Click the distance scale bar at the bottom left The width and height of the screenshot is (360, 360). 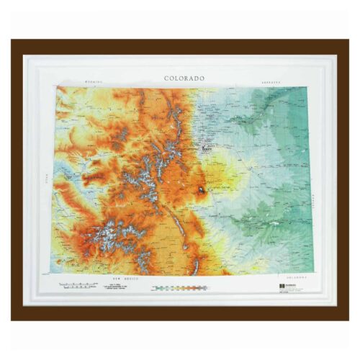point(79,286)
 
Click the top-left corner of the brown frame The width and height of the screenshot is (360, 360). point(12,41)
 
